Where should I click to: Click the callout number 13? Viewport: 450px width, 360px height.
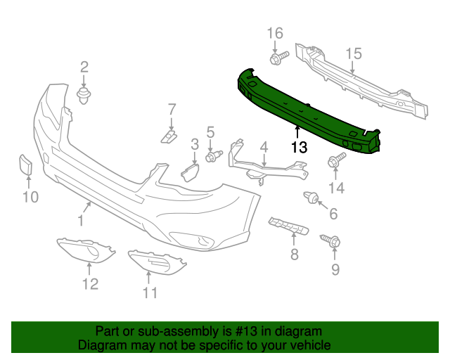[299, 147]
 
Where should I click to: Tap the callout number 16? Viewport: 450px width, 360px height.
[275, 34]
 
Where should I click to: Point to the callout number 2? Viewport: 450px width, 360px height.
[84, 67]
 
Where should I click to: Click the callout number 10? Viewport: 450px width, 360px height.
[29, 197]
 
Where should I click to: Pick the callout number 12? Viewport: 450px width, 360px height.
[89, 283]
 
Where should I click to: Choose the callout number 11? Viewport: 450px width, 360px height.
[150, 292]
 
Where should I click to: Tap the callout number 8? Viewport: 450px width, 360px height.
[295, 254]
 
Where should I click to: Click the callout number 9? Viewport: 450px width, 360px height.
[335, 270]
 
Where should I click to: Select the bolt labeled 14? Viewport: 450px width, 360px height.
[333, 162]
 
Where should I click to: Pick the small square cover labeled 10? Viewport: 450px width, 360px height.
[25, 166]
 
